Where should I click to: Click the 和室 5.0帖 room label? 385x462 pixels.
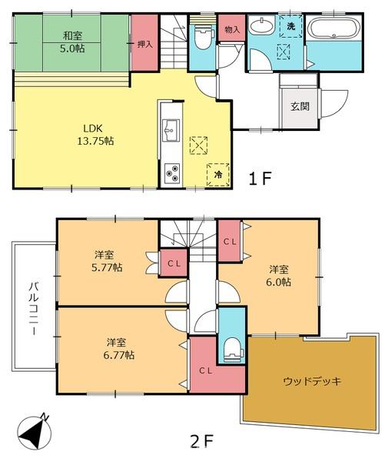(x=72, y=42)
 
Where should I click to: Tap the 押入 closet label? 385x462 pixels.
(x=144, y=45)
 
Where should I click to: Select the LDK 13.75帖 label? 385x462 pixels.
(x=95, y=135)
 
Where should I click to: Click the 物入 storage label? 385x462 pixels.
(x=232, y=29)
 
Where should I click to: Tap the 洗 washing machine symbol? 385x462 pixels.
(x=290, y=26)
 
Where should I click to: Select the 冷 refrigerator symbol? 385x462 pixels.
(x=218, y=175)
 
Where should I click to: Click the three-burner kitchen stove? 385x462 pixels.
(x=172, y=173)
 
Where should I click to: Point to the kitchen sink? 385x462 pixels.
(x=171, y=131)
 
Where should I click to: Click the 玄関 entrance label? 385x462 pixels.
(x=300, y=106)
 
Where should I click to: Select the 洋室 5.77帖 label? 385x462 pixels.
(x=107, y=261)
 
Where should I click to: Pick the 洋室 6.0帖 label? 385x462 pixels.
(x=278, y=276)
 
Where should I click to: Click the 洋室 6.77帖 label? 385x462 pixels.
(x=119, y=349)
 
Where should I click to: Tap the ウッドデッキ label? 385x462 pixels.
(x=312, y=381)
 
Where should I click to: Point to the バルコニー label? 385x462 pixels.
(x=34, y=308)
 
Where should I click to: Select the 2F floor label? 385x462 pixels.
(x=202, y=440)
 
